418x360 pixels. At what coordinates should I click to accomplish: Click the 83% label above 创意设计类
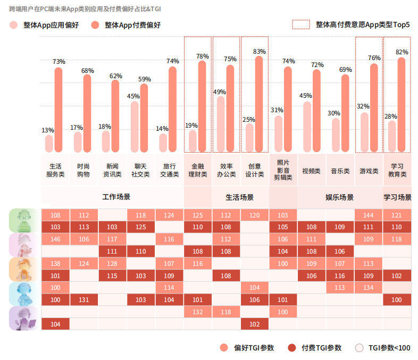point(259,52)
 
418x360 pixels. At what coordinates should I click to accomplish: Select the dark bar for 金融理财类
point(202,106)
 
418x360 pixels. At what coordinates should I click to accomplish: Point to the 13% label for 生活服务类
point(47,130)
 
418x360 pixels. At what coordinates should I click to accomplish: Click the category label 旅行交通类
point(170,170)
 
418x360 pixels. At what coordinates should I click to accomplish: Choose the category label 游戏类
point(369,171)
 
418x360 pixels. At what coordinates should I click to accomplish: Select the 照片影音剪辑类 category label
point(283,170)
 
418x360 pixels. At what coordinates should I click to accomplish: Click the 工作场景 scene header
point(116,197)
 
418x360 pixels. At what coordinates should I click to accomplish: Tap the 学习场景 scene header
point(397,197)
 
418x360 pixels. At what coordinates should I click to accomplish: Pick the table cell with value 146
point(55,239)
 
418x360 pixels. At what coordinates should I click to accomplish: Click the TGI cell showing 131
point(83,300)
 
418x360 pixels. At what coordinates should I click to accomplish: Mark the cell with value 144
point(368,215)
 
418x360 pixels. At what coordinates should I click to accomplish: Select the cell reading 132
point(198,312)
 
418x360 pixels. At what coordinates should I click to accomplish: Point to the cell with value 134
point(368,288)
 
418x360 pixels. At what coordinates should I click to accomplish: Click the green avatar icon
point(22,220)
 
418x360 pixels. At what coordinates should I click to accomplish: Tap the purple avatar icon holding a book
point(22,318)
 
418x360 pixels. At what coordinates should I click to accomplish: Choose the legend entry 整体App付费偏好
point(126,25)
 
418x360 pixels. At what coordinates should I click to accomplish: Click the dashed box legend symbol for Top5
point(300,24)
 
